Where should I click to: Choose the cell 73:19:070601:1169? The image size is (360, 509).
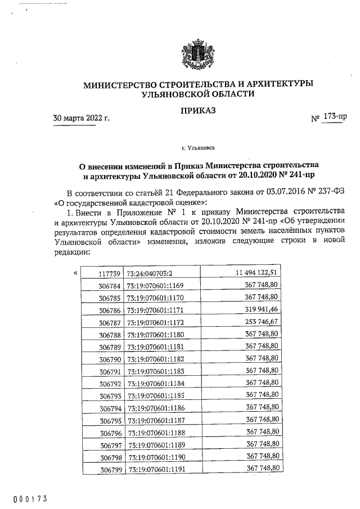tap(155, 286)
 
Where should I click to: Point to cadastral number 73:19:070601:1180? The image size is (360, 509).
tap(155, 335)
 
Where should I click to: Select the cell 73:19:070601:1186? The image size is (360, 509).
tap(156, 408)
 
